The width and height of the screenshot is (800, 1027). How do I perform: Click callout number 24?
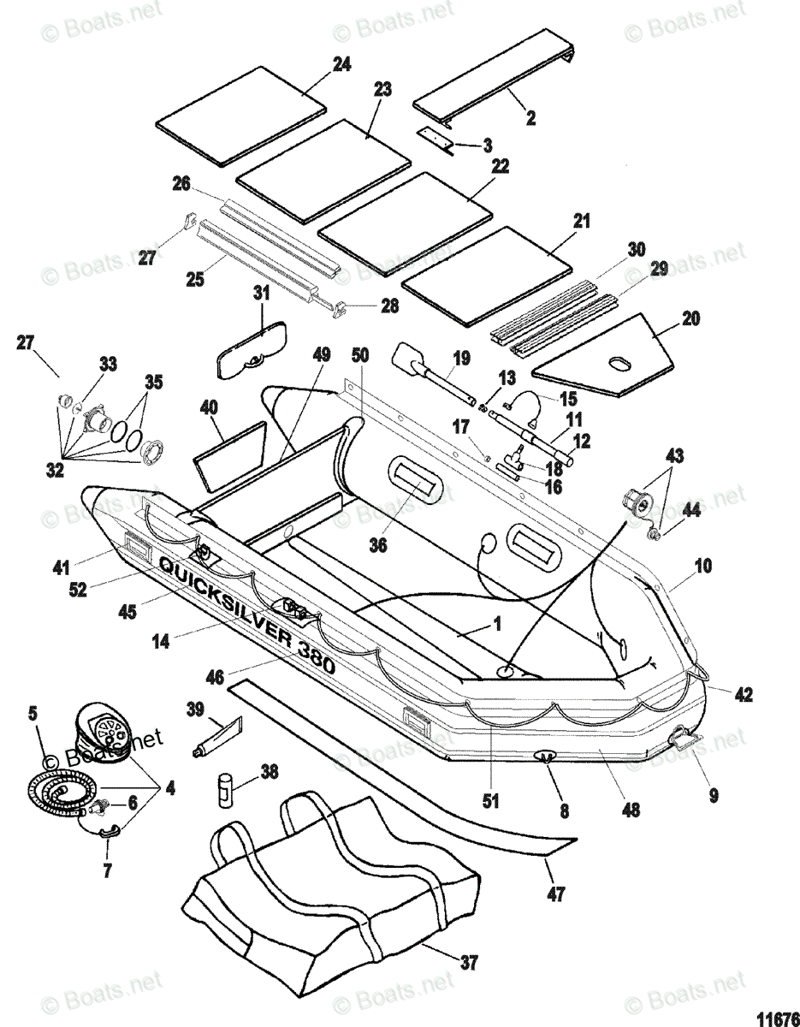click(318, 64)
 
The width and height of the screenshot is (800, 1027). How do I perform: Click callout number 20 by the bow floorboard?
click(690, 319)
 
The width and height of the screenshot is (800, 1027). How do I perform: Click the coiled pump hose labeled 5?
click(64, 785)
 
